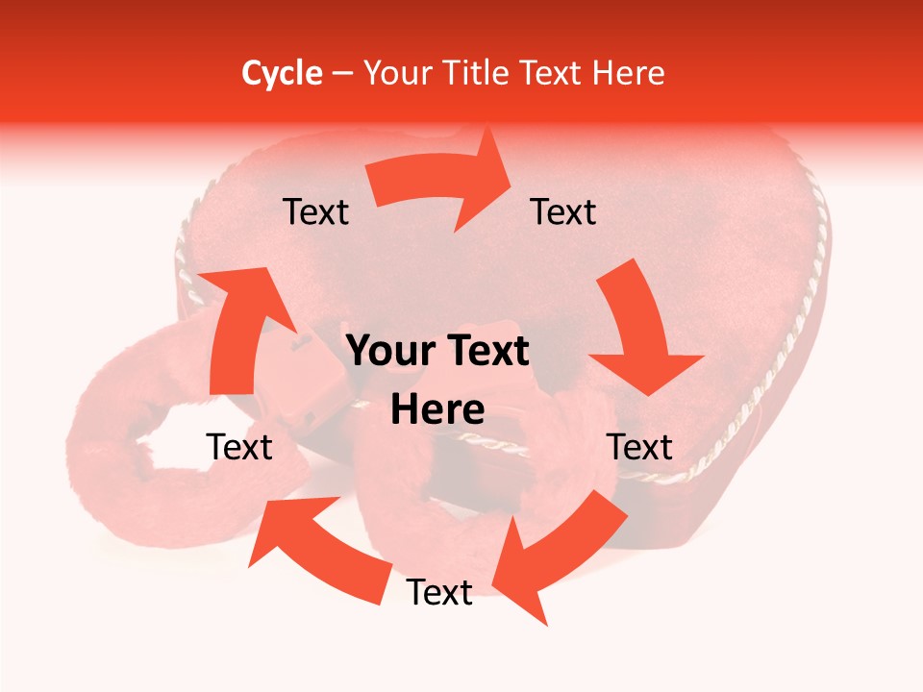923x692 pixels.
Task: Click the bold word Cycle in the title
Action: tap(282, 73)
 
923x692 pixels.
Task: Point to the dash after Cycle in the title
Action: tap(342, 74)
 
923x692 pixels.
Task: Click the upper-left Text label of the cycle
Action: tap(315, 212)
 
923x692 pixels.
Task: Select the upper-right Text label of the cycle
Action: tap(563, 212)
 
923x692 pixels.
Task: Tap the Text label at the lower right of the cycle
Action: tap(639, 447)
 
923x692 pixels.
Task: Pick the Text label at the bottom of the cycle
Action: tap(439, 593)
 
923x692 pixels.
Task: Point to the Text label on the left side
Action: tap(239, 447)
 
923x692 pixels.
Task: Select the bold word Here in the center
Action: tap(437, 410)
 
